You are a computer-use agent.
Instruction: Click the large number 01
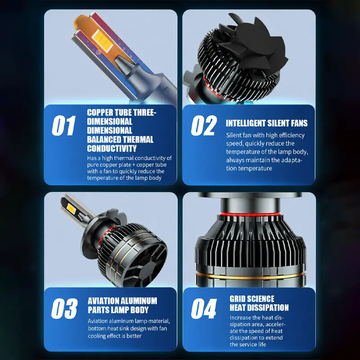tap(63, 126)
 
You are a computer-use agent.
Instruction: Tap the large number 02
tap(204, 126)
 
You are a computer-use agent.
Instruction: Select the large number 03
tap(64, 309)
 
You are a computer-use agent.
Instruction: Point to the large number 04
tap(204, 309)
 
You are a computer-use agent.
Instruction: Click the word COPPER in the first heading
tap(100, 113)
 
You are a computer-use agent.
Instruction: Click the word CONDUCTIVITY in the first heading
tap(112, 148)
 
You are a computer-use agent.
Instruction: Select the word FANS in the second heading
tap(299, 123)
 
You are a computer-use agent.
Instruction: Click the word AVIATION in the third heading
tap(103, 301)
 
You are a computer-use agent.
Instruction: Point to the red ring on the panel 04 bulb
tap(250, 215)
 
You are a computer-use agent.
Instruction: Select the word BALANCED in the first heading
tap(104, 139)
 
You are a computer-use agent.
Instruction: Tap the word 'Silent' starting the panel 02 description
tap(233, 135)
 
